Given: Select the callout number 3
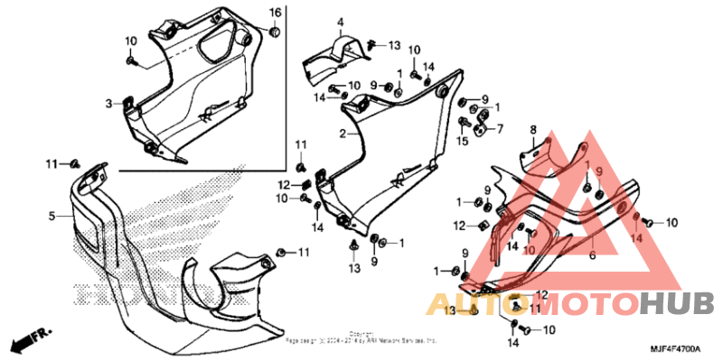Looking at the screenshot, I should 108,104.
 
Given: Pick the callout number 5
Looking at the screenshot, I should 52,216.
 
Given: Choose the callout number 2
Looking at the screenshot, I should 343,134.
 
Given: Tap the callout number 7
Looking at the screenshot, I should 499,128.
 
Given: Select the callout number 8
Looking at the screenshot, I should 533,129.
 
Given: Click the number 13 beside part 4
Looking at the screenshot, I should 394,44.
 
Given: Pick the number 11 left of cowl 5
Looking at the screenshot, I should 52,162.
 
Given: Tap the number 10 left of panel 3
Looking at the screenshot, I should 131,41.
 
